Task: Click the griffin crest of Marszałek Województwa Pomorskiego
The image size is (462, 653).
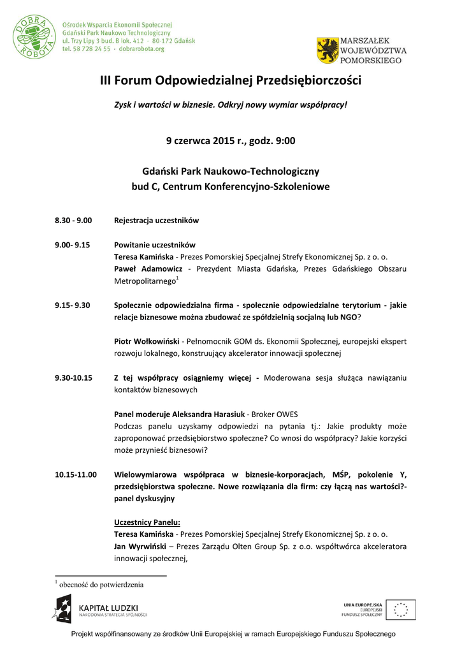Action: point(328,50)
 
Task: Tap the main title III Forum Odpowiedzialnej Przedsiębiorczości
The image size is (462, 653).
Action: point(231,81)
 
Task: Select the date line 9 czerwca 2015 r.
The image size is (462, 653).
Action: point(231,140)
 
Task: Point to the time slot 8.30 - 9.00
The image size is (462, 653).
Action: point(73,221)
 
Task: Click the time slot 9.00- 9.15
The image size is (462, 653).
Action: point(72,245)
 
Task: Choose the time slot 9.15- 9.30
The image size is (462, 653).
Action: point(72,305)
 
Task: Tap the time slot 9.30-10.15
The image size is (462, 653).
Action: point(73,378)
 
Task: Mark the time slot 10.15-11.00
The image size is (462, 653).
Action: point(75,474)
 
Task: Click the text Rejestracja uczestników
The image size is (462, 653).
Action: point(156,221)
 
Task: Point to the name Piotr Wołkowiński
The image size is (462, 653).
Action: point(146,341)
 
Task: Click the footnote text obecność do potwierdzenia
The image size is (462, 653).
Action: point(101,584)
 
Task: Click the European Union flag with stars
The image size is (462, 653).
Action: point(400,610)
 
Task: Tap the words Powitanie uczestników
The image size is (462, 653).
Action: point(154,245)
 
